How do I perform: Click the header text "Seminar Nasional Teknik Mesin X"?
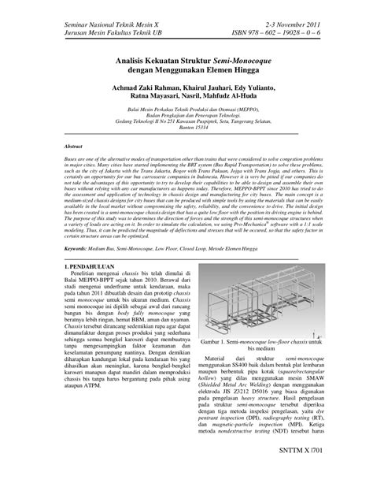(102, 26)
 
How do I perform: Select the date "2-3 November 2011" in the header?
(284, 26)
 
